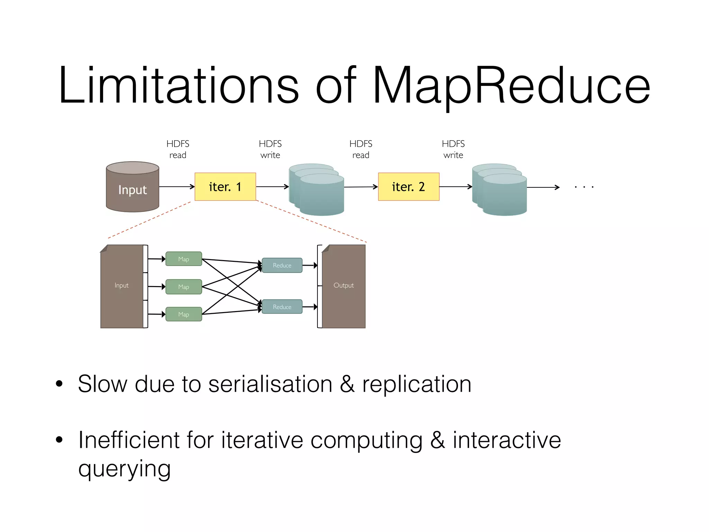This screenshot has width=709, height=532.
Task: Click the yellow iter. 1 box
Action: [225, 187]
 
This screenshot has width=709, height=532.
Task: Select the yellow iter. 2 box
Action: [409, 187]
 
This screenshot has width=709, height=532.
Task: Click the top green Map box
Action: [183, 259]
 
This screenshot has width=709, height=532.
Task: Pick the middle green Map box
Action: [183, 287]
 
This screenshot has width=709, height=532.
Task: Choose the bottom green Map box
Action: [183, 314]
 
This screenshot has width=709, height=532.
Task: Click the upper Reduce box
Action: [282, 265]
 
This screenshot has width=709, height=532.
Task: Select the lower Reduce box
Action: [282, 307]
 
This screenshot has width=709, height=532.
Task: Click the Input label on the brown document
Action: [122, 285]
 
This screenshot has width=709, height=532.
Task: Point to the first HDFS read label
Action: [178, 149]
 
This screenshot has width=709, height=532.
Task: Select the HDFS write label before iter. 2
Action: [270, 149]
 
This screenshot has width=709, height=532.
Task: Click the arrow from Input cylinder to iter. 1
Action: [177, 187]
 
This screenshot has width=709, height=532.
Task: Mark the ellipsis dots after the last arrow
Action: [584, 187]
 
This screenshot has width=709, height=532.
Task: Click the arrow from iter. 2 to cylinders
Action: [455, 187]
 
